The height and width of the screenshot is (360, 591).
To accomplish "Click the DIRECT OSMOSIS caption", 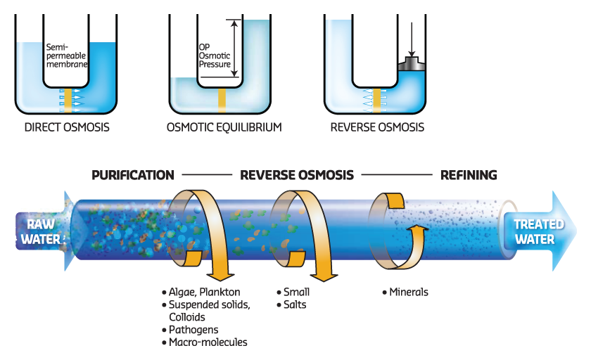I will [67, 128].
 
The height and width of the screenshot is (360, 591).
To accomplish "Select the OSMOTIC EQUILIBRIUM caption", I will [224, 128].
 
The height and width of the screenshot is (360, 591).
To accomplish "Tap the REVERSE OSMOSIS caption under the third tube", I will [377, 128].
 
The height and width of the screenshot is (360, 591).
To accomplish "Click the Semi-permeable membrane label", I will [67, 55].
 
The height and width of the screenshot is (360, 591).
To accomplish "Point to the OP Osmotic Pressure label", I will [214, 56].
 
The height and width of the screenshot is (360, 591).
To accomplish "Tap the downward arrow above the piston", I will [413, 39].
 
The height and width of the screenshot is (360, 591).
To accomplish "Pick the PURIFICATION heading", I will [133, 175].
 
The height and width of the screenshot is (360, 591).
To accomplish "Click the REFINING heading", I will [469, 175].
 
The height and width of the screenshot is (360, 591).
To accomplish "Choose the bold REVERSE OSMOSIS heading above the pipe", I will [297, 175].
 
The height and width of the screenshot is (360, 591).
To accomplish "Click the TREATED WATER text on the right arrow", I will [539, 231].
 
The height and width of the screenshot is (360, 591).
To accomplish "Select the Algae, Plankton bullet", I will [204, 292].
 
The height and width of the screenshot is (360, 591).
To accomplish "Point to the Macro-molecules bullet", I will [208, 342].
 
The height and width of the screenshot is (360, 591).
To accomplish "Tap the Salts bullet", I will [295, 304].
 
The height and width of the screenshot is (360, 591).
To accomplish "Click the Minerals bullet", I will [408, 292].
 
